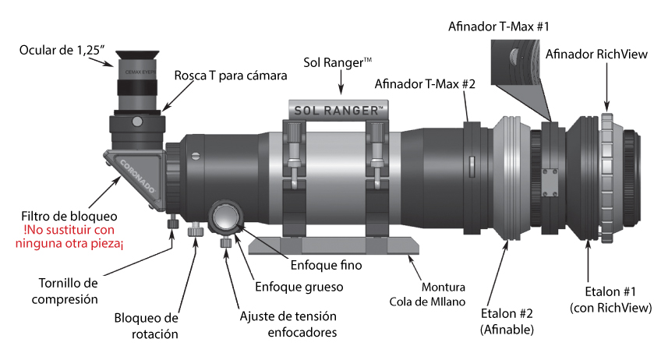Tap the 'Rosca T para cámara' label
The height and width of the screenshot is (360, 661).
point(232,76)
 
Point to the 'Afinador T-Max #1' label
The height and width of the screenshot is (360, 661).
point(499,26)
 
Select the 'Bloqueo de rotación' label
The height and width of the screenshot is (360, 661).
point(146,327)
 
